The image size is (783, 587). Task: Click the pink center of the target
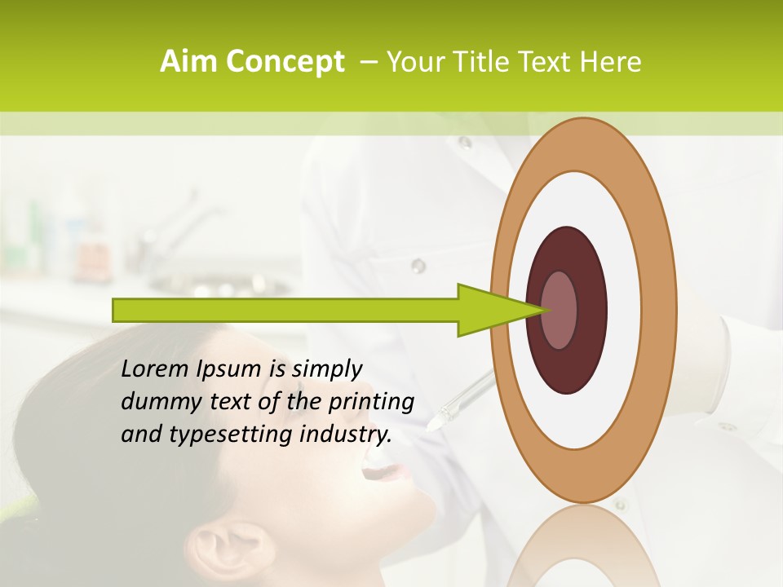point(560,310)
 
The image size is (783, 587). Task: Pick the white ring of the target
point(583,204)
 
